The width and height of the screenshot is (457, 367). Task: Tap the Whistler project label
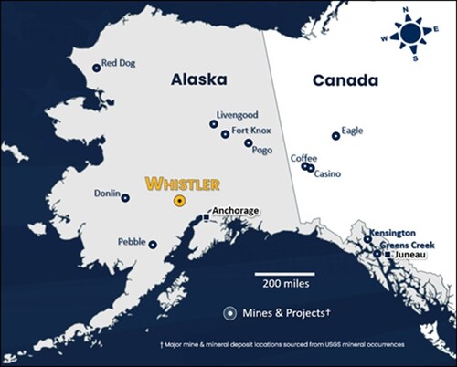(183, 183)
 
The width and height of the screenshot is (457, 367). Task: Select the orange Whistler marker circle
(180, 199)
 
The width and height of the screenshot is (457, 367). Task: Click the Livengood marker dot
(214, 123)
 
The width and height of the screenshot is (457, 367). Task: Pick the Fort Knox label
(252, 131)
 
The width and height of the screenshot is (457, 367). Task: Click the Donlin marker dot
(125, 197)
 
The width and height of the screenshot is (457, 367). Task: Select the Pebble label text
(132, 243)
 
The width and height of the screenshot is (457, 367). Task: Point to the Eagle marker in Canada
(335, 136)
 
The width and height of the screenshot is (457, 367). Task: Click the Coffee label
(303, 158)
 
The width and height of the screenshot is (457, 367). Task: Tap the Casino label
(328, 173)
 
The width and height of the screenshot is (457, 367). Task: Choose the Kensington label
(393, 233)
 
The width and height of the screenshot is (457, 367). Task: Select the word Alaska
(197, 81)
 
